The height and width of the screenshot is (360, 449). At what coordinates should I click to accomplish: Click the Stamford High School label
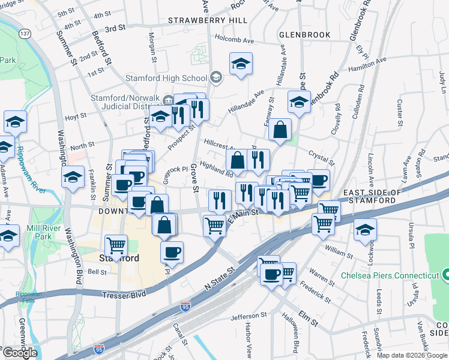click(x=166, y=78)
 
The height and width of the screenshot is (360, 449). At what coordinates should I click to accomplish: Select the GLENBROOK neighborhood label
click(x=305, y=35)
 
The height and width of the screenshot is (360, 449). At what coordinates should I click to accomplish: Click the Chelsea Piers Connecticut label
click(x=390, y=275)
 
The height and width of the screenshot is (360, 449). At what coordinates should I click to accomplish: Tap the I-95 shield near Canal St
click(x=186, y=307)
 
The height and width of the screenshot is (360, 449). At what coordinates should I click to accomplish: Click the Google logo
click(x=20, y=353)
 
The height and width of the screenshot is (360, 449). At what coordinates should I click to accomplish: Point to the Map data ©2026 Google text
click(x=412, y=355)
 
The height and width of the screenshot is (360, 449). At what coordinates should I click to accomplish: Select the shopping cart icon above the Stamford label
click(x=116, y=244)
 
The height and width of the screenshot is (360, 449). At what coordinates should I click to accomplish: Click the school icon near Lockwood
click(x=365, y=230)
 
